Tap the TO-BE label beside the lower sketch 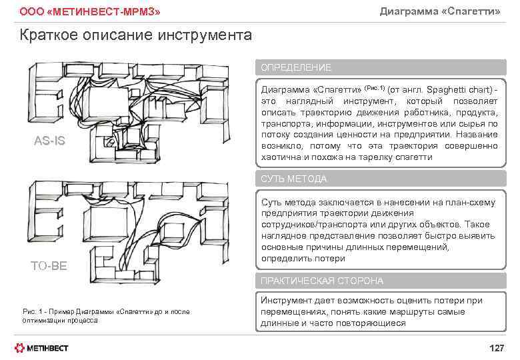click(x=49, y=266)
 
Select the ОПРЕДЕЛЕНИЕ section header click(x=296, y=68)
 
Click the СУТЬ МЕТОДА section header click(x=294, y=179)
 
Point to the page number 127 click(x=497, y=348)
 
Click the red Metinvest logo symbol click(x=21, y=347)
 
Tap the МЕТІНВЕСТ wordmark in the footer click(x=48, y=348)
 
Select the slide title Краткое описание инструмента click(x=136, y=35)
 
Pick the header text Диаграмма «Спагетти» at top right click(x=439, y=11)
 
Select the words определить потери click(x=303, y=259)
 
